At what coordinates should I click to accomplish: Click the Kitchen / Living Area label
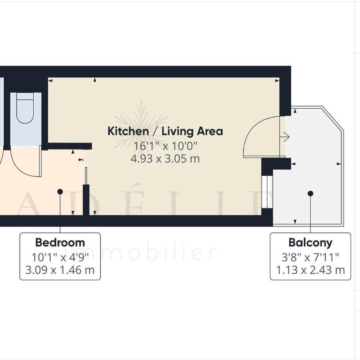point(165,131)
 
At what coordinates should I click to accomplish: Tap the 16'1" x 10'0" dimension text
point(165,146)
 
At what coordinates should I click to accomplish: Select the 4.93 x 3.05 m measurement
point(165,158)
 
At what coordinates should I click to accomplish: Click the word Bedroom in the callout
point(60,242)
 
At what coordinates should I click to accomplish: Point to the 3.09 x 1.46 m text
point(60,270)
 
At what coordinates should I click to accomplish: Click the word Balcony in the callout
point(310,243)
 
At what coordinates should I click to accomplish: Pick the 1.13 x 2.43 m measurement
point(310,270)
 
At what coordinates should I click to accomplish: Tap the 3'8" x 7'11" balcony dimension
point(310,257)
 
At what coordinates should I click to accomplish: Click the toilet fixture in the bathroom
point(25,108)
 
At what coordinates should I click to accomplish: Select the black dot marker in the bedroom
point(60,191)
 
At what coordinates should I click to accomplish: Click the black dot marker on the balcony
point(310,194)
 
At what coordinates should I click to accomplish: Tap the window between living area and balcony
point(267,192)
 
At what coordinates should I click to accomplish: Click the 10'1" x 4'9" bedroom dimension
point(60,257)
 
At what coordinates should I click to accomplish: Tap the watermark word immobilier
point(141,253)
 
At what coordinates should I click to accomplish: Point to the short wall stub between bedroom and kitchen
point(86,200)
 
